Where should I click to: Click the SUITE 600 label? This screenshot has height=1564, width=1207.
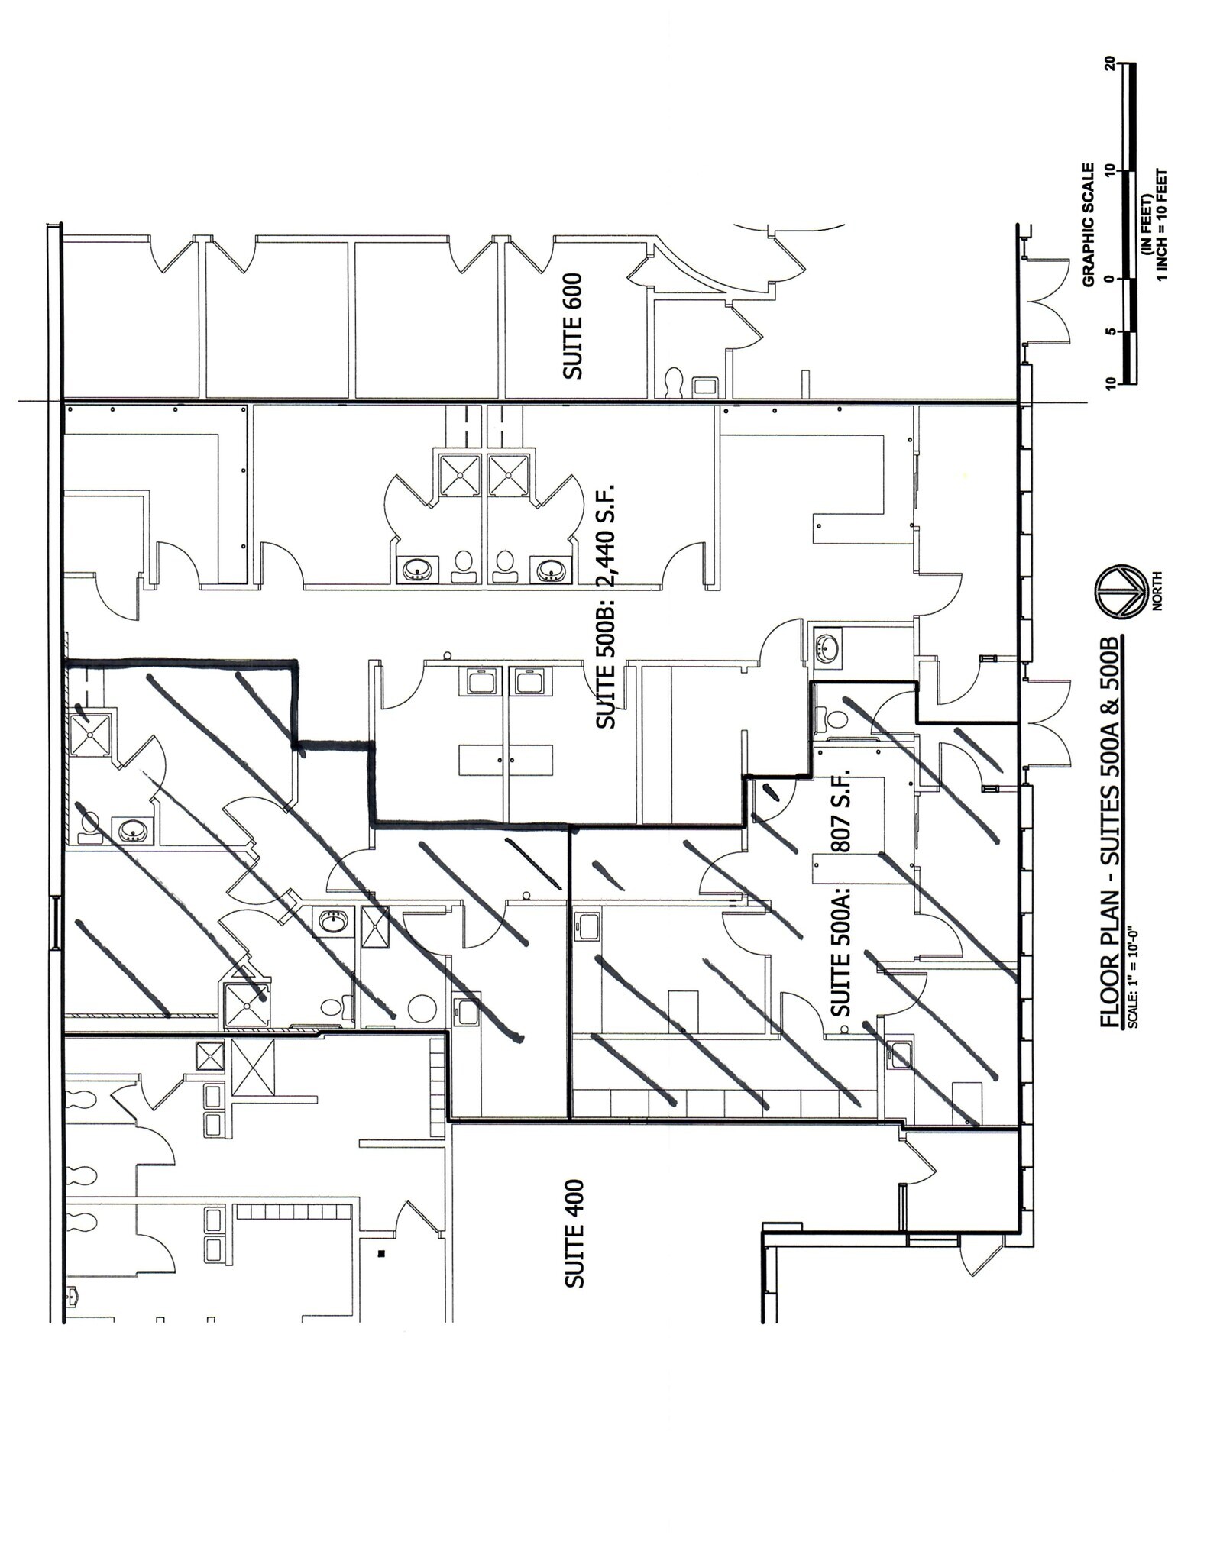[573, 326]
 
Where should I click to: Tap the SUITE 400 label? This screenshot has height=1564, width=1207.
[574, 1245]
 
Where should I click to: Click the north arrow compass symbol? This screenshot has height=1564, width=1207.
[1118, 590]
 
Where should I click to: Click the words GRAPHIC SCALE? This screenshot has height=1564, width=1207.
[1090, 225]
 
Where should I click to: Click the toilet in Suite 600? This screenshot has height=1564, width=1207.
[675, 383]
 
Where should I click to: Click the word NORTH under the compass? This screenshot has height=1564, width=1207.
[1157, 590]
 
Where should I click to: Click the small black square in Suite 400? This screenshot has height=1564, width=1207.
[381, 1253]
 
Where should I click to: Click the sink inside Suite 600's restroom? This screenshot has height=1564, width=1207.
[704, 385]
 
